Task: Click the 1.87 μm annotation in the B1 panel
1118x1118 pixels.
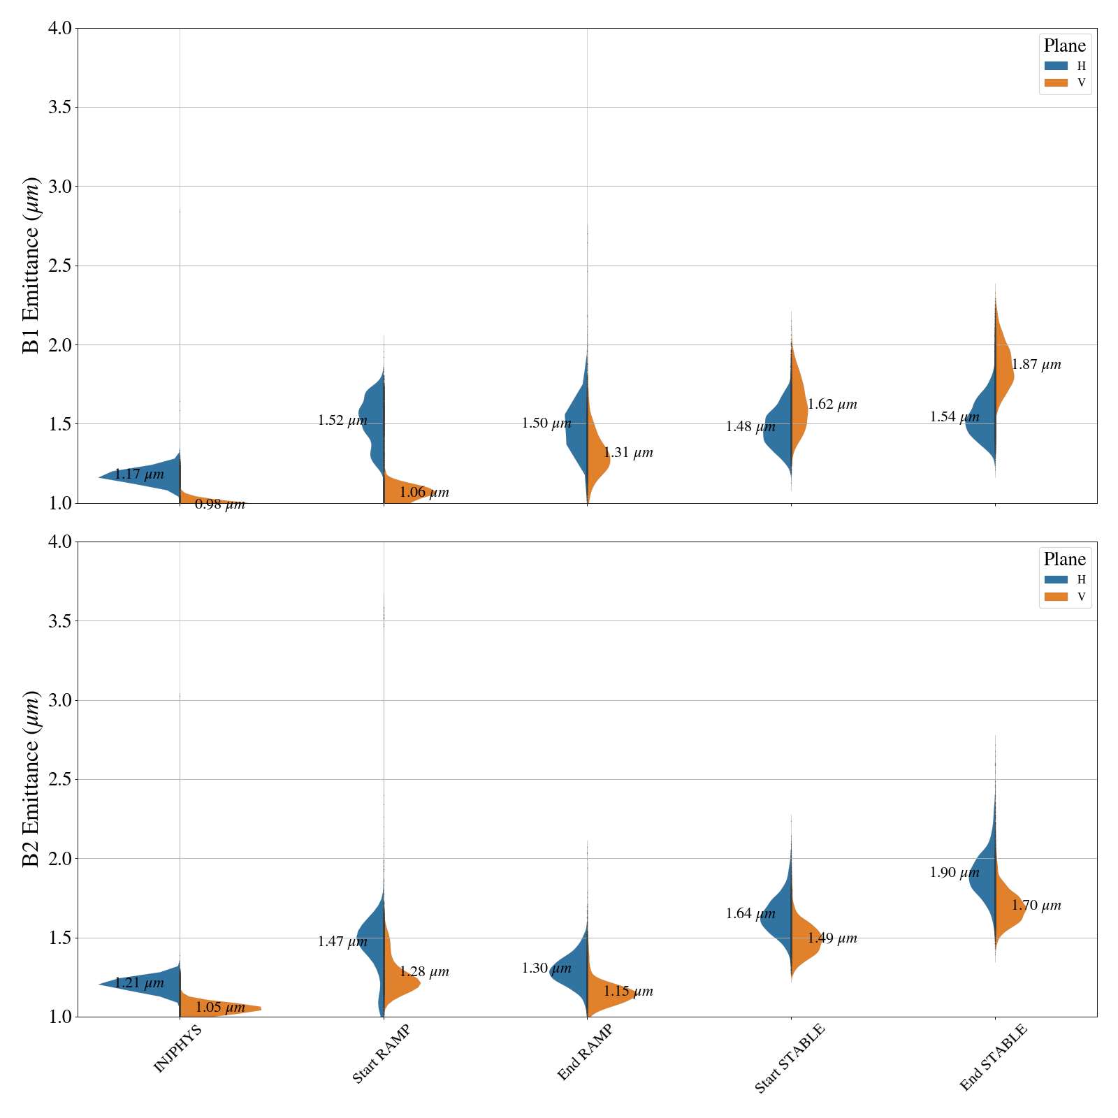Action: pyautogui.click(x=1036, y=365)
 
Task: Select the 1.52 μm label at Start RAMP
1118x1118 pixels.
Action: pyautogui.click(x=342, y=421)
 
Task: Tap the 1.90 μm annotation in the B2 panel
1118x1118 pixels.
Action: pyautogui.click(x=954, y=873)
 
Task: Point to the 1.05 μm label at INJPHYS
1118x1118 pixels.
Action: pyautogui.click(x=220, y=1008)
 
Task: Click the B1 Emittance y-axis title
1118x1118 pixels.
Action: pyautogui.click(x=31, y=266)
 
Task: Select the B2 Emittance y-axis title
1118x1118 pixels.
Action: pyautogui.click(x=31, y=779)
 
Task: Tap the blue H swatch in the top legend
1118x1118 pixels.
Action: pyautogui.click(x=1056, y=66)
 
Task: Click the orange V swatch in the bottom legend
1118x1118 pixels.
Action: pyautogui.click(x=1056, y=597)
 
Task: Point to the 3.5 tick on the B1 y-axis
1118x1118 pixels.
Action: pyautogui.click(x=61, y=108)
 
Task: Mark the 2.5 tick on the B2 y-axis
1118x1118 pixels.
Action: pyautogui.click(x=61, y=779)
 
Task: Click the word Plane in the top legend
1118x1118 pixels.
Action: pyautogui.click(x=1064, y=46)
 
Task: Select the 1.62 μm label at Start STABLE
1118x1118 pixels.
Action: pyautogui.click(x=832, y=405)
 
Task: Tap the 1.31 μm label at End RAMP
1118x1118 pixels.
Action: pyautogui.click(x=628, y=453)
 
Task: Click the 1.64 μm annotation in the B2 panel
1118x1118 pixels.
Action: pyautogui.click(x=750, y=914)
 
